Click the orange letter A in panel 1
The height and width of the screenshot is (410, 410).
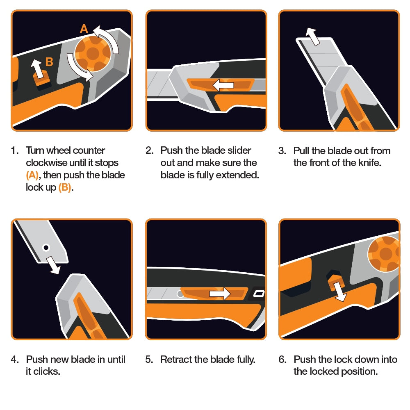tap(84, 29)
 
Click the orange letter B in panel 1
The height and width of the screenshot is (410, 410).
tap(49, 61)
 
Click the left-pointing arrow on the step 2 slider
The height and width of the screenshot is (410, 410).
tap(223, 85)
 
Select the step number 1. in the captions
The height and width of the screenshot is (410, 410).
tap(15, 150)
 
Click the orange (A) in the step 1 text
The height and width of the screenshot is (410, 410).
tap(32, 175)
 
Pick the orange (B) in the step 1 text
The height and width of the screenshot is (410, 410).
tap(66, 188)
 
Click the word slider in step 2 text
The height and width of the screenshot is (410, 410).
tap(238, 150)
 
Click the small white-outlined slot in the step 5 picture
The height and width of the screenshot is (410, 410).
tap(258, 294)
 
